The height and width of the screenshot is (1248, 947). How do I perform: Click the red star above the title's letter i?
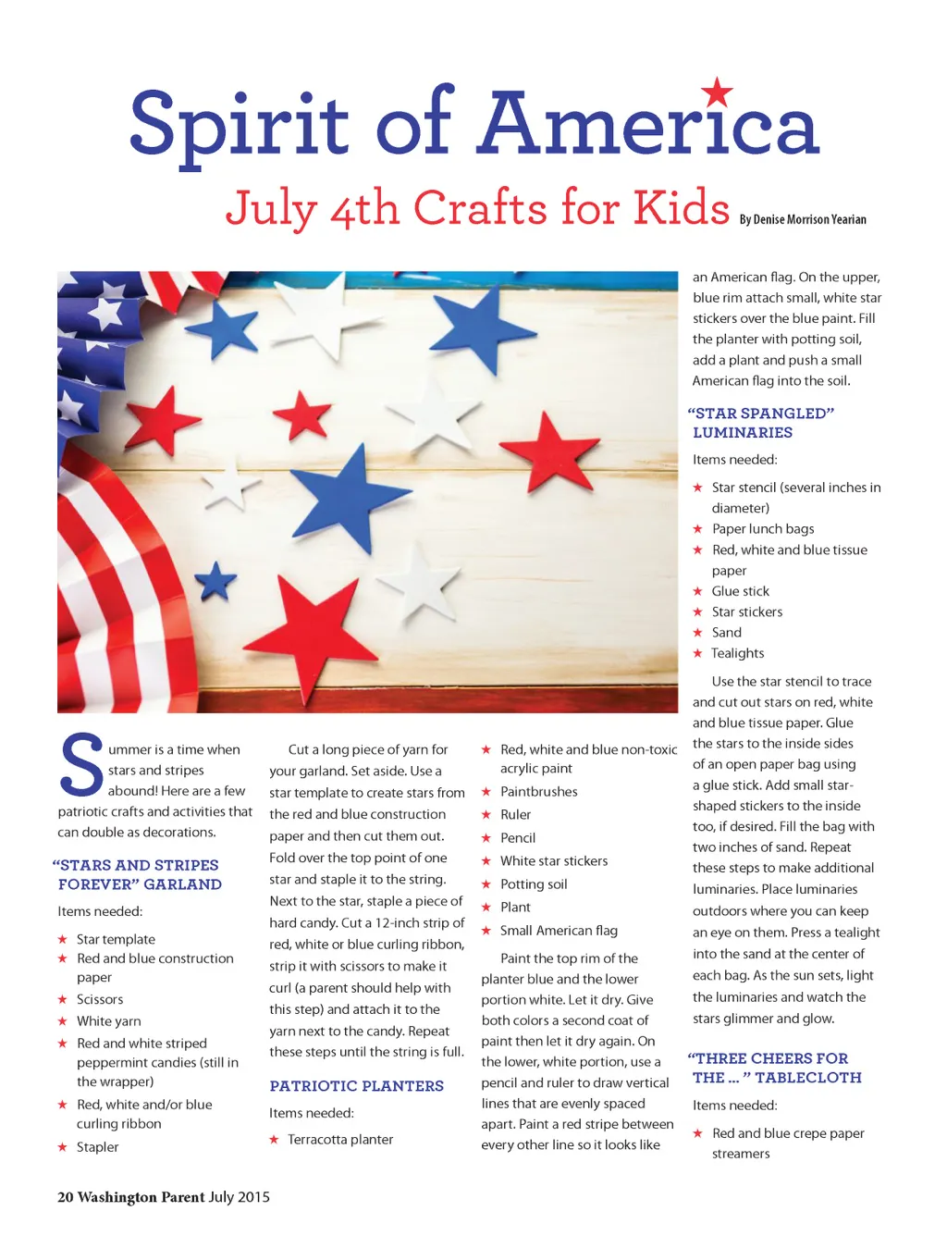tap(717, 93)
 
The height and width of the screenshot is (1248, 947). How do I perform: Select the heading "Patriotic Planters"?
tap(356, 1086)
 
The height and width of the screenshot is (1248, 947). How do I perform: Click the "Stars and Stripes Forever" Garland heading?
tap(138, 874)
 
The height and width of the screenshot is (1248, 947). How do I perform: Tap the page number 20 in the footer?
tap(65, 1197)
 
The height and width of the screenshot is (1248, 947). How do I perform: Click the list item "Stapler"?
tap(97, 1147)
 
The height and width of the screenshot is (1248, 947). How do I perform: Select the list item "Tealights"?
tap(737, 653)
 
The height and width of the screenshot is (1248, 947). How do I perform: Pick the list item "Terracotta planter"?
tap(340, 1140)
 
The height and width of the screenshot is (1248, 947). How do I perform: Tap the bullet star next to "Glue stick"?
tap(698, 591)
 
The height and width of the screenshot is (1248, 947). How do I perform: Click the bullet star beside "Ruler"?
tap(486, 815)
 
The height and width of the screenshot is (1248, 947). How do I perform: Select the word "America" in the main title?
tap(647, 125)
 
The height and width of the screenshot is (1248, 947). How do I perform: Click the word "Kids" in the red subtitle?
tap(682, 207)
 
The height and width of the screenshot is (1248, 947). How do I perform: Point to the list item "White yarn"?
tap(108, 1021)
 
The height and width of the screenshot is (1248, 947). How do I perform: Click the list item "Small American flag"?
tap(559, 931)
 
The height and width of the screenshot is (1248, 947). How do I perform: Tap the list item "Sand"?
tap(726, 633)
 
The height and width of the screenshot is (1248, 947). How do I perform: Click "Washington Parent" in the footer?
tap(141, 1197)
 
